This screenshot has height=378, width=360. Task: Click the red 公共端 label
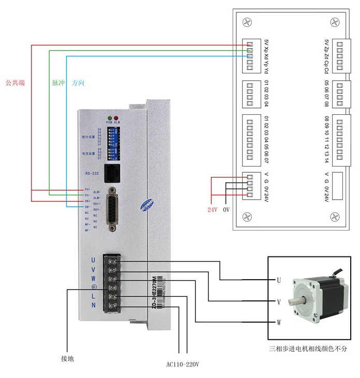[15, 83]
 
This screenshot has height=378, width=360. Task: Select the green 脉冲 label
[58, 83]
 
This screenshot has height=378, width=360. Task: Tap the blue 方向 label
[78, 83]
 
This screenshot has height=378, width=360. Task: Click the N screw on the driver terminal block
[111, 307]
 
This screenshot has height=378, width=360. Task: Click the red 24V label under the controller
[212, 210]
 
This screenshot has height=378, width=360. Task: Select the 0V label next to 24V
[226, 210]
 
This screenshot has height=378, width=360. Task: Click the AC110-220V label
[182, 365]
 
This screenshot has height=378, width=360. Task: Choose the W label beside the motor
[279, 323]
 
